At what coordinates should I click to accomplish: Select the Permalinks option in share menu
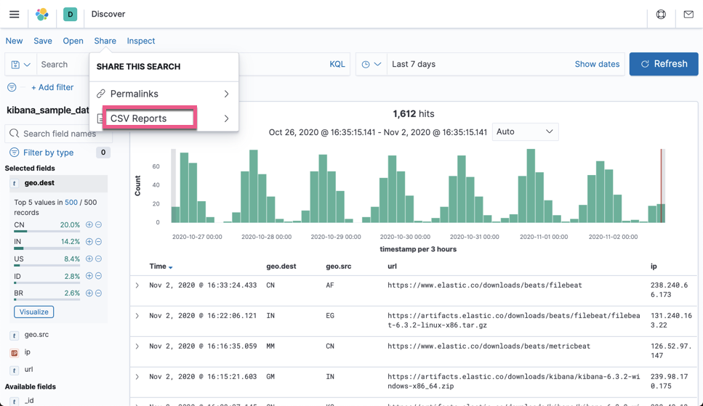[144, 94]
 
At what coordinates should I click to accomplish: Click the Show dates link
[596, 64]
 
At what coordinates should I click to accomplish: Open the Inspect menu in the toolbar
[140, 41]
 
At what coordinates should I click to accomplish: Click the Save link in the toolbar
[43, 41]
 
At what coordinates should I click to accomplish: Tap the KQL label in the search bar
[337, 64]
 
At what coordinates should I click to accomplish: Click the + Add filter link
[52, 87]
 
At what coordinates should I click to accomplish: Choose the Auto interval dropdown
[525, 131]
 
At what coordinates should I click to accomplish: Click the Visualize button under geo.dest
[33, 312]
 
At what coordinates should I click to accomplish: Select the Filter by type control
[48, 153]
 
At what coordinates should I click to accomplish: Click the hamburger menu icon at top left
[14, 14]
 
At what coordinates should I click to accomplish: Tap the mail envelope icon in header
[688, 14]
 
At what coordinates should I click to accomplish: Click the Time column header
[158, 267]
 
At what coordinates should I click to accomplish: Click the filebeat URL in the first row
[484, 285]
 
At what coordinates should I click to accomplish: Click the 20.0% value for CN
[71, 225]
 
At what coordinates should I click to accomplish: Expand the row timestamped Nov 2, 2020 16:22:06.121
[137, 316]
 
